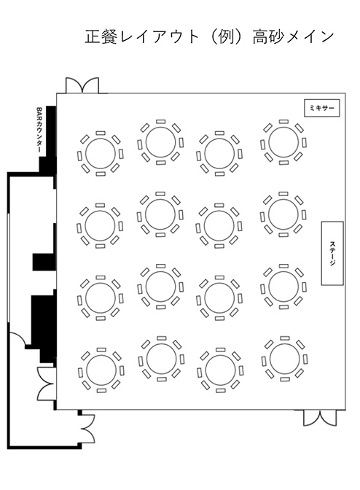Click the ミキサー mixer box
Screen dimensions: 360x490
pos(321,108)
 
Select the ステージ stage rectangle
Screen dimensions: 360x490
pos(332,253)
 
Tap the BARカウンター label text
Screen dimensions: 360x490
pos(39,130)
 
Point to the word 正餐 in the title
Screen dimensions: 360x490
pos(101,37)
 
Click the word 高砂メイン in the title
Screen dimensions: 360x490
pos(293,37)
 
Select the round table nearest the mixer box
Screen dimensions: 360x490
pos(283,142)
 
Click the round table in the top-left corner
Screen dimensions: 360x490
pos(101,153)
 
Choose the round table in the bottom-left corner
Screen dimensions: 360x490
pos(101,370)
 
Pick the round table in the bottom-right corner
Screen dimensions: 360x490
pos(284,359)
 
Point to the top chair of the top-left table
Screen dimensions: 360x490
pos(101,133)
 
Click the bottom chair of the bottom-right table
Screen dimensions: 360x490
pos(285,380)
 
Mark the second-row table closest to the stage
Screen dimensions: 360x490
pos(283,214)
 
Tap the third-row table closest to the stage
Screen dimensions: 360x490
pos(283,287)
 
